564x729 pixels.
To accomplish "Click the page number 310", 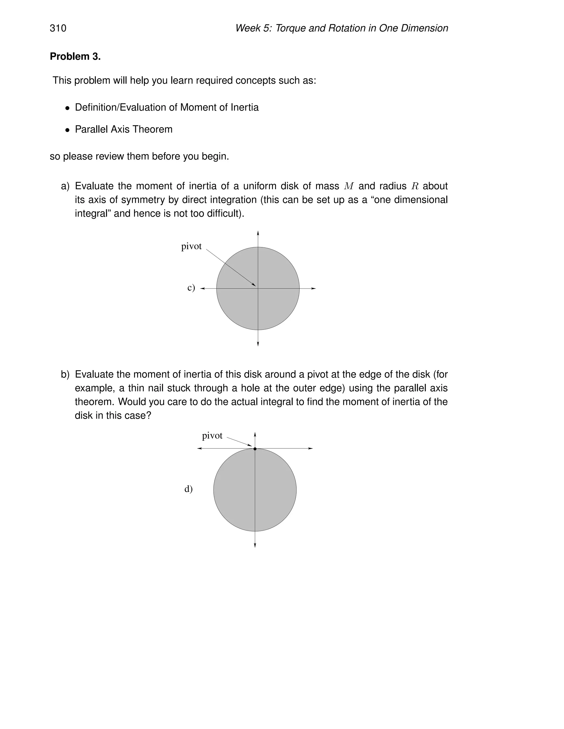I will [x=58, y=28].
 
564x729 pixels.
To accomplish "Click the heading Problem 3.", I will [x=75, y=57].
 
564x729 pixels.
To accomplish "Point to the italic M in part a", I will [x=349, y=186].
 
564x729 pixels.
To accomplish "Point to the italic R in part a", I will [x=415, y=186].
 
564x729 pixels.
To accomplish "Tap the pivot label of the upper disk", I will [x=191, y=246].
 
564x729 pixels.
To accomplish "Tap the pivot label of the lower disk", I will [x=212, y=435].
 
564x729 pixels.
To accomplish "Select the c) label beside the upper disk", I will [x=191, y=287].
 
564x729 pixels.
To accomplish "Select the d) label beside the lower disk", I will [x=188, y=489].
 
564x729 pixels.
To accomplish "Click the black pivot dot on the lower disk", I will [x=255, y=449].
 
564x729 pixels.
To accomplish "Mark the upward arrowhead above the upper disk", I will [x=258, y=233].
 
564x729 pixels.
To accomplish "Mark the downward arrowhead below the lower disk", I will [x=255, y=545].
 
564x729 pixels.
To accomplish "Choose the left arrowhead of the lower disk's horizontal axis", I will [x=199, y=449].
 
